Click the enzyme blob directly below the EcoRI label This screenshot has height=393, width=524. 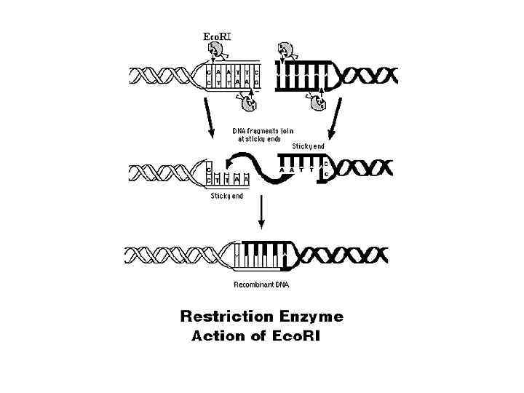tap(216, 50)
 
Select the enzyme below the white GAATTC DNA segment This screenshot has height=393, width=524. tap(250, 103)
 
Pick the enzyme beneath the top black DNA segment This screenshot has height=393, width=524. tap(317, 103)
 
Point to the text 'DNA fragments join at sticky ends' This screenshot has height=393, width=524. tap(262, 134)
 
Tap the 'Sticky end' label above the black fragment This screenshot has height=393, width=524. tap(308, 146)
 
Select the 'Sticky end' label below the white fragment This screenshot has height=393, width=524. tap(227, 195)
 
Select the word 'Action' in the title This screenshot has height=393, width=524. tap(216, 336)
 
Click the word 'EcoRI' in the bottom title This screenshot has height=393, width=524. tap(295, 336)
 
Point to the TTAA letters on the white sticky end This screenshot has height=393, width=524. tap(234, 178)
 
